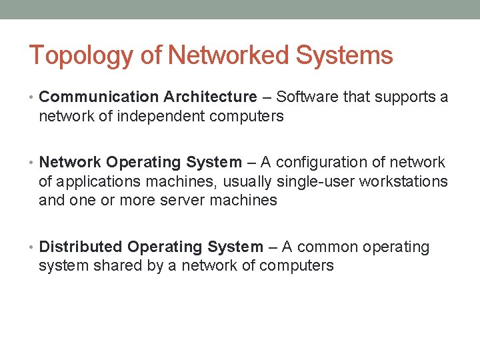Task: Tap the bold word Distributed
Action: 81,247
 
